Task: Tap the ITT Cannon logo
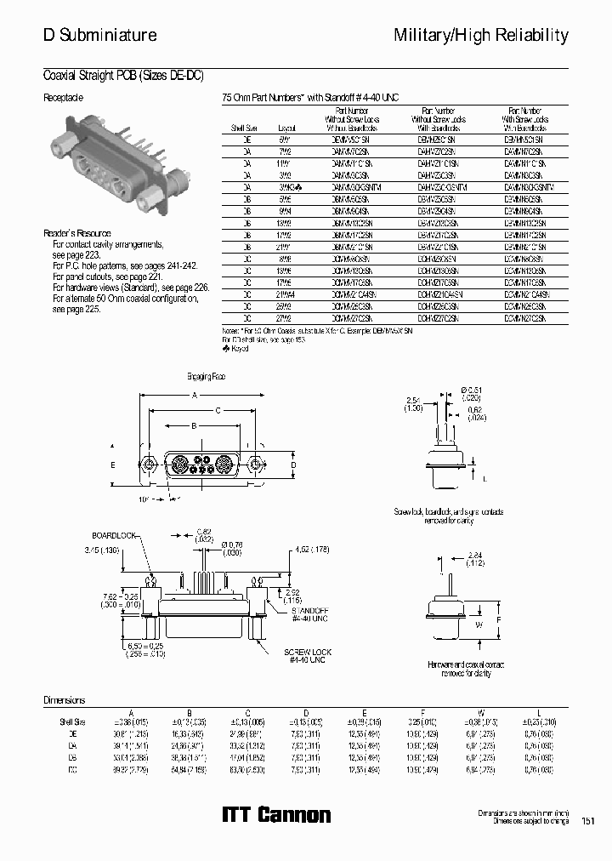point(276,814)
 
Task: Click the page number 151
point(587,821)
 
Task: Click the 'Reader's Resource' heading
point(76,233)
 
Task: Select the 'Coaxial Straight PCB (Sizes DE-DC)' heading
point(123,75)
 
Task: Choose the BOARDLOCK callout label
point(114,536)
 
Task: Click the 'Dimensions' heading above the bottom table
point(65,700)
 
